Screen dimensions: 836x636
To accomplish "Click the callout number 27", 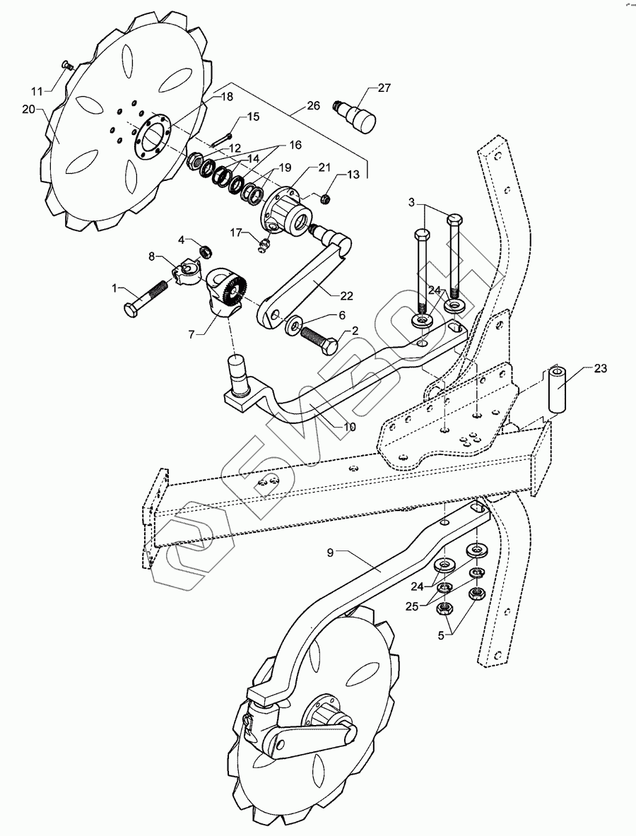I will [x=384, y=88].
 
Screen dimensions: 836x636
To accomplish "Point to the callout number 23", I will [x=600, y=368].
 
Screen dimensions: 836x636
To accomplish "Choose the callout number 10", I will [x=349, y=427].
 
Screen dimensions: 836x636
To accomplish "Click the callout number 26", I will [x=313, y=105].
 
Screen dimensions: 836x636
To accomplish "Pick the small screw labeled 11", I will [x=66, y=65].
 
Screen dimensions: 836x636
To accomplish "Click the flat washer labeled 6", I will [x=291, y=325].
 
